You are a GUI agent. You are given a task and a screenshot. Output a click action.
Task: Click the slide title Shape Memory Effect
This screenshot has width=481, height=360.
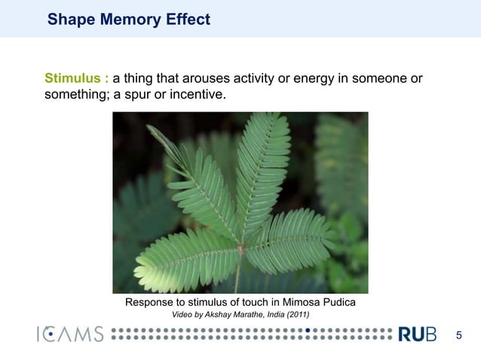click(128, 20)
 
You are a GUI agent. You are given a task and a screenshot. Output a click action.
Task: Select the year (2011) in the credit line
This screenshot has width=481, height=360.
click(294, 314)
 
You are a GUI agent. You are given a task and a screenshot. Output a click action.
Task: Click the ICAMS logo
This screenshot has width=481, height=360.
click(70, 334)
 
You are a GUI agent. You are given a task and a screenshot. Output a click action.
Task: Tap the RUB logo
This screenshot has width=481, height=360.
click(416, 334)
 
